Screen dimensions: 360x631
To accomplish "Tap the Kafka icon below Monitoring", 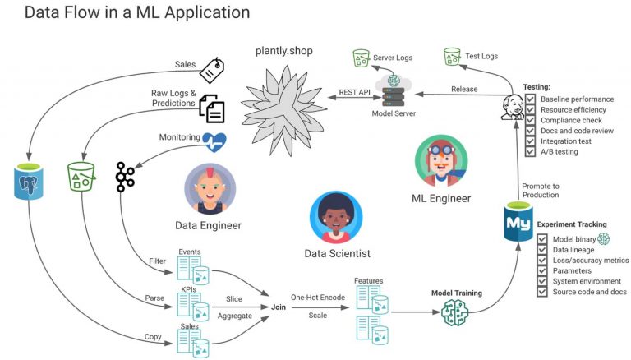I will [125, 177].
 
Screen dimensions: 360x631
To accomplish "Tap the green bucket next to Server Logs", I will [361, 58].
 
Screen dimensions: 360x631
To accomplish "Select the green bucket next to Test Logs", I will [451, 57].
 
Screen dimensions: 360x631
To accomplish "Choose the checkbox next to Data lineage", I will [542, 249].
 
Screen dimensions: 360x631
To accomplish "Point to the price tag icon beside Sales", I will [213, 69].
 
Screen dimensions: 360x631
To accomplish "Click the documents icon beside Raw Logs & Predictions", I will [212, 108].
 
